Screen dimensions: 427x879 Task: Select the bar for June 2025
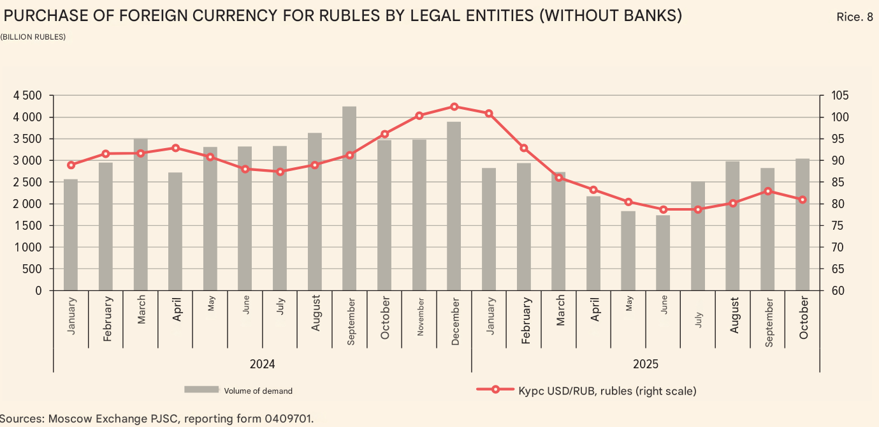click(x=663, y=253)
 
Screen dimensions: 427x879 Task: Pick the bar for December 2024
click(x=454, y=206)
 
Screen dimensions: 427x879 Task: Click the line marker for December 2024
click(x=454, y=107)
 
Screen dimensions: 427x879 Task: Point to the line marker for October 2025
click(x=803, y=200)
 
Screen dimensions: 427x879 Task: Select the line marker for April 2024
click(x=175, y=148)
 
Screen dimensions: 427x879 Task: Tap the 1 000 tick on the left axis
click(x=27, y=248)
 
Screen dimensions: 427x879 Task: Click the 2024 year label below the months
click(x=262, y=364)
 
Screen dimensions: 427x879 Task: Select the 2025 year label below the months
click(x=646, y=364)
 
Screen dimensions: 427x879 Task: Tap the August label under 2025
click(x=734, y=314)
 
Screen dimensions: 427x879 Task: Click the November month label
click(x=419, y=317)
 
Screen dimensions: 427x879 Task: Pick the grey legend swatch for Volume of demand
click(x=201, y=390)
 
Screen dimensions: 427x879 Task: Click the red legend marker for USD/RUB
click(x=495, y=390)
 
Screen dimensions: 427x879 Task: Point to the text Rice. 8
click(x=854, y=17)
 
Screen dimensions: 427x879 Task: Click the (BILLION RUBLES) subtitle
click(x=33, y=37)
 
